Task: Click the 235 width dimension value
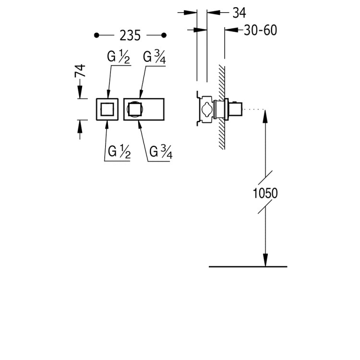coord(130,36)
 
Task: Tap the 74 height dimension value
coord(80,71)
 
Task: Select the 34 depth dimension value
coord(239,12)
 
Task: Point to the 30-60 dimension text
coord(260,30)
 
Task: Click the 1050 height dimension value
coord(265,193)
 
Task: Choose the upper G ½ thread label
coord(119,57)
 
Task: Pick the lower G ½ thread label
coord(119,152)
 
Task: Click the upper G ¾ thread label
coord(154,57)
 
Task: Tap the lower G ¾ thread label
coord(161,152)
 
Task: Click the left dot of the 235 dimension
coord(96,36)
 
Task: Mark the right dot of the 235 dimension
coord(164,36)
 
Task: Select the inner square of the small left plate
coord(107,109)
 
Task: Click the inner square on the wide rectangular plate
coord(135,109)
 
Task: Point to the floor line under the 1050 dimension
coord(248,266)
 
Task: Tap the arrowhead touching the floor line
coord(265,260)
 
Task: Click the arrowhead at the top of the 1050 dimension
coord(265,116)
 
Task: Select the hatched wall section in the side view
coord(222,107)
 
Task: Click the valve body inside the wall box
coord(206,109)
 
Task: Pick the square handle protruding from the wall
coord(235,109)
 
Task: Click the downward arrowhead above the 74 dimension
coord(80,92)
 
